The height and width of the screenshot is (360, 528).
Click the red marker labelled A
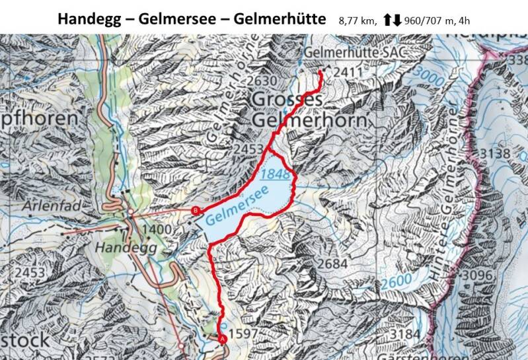coord(222,338)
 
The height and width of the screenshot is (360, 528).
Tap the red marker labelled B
coord(195,211)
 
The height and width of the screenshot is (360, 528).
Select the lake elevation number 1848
coord(274,174)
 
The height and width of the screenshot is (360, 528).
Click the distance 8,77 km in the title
coord(356,19)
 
